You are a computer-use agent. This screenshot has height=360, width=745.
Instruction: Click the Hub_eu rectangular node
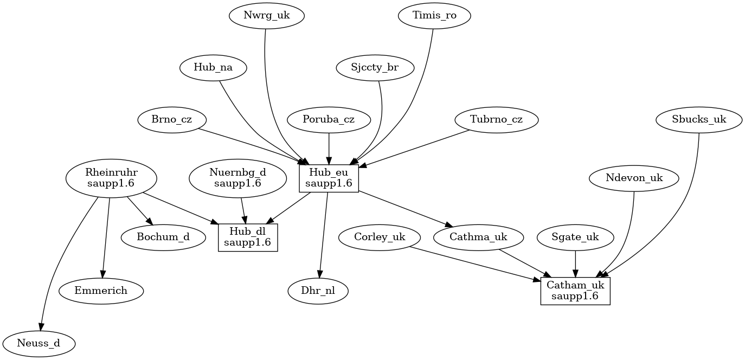pyautogui.click(x=329, y=178)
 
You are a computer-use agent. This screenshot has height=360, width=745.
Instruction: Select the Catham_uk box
pyautogui.click(x=575, y=291)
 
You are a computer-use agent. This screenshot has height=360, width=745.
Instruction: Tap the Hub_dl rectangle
pyautogui.click(x=248, y=237)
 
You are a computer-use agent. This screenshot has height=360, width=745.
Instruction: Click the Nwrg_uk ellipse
pyautogui.click(x=266, y=16)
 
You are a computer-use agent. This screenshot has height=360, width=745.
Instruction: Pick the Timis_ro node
pyautogui.click(x=434, y=16)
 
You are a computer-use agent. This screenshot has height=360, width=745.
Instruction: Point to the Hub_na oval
pyautogui.click(x=213, y=68)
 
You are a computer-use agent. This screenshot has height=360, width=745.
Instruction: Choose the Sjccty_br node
pyautogui.click(x=375, y=68)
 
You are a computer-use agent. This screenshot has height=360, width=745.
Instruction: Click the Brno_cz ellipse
pyautogui.click(x=172, y=120)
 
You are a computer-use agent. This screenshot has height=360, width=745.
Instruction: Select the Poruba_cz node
pyautogui.click(x=329, y=120)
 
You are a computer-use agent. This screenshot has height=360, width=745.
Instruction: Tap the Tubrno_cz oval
pyautogui.click(x=496, y=120)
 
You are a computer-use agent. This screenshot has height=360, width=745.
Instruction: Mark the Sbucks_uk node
pyautogui.click(x=699, y=120)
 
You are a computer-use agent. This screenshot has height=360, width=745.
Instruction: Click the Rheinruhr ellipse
pyautogui.click(x=111, y=178)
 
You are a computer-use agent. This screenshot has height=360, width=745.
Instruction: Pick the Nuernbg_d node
pyautogui.click(x=237, y=178)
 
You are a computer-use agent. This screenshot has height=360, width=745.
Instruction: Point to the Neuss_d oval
pyautogui.click(x=38, y=343)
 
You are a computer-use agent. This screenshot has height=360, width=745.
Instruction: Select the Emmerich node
pyautogui.click(x=101, y=291)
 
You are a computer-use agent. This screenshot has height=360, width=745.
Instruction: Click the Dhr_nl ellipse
pyautogui.click(x=317, y=291)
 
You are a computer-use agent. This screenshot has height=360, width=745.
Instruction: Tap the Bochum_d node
pyautogui.click(x=163, y=237)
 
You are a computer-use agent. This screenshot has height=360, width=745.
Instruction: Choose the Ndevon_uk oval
pyautogui.click(x=634, y=178)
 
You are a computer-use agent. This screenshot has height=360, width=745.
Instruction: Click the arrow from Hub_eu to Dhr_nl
pyautogui.click(x=324, y=233)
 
